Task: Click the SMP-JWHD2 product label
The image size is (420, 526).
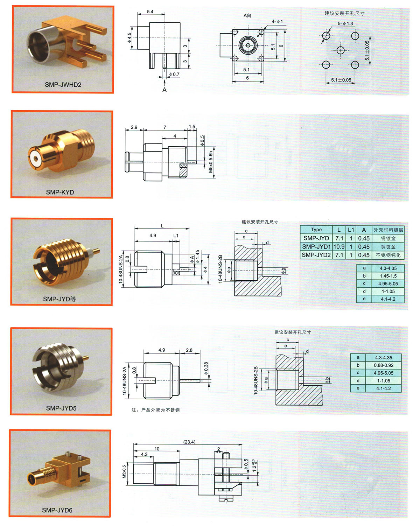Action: [63, 85]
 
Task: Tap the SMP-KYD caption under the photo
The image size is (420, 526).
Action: [60, 192]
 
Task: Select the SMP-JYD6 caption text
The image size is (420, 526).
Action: [57, 510]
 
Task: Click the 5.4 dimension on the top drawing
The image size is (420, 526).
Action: [150, 12]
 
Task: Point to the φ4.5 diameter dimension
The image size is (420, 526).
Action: [129, 38]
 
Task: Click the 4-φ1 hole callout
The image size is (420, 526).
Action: [277, 21]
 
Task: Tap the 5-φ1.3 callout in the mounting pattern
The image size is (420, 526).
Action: [345, 23]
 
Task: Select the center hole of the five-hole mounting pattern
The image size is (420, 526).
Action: [340, 50]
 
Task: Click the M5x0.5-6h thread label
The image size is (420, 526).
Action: [210, 162]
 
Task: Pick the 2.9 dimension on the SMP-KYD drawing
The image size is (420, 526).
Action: [134, 127]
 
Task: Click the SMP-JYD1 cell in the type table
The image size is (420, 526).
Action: [316, 246]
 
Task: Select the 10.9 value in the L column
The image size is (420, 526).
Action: [339, 246]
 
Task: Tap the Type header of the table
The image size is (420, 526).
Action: [316, 230]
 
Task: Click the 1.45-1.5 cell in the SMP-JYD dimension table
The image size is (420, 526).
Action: [388, 276]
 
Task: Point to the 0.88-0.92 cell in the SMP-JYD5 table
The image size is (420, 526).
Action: [384, 365]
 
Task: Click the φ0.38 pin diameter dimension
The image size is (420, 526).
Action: [206, 369]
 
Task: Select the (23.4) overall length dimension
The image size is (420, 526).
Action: [189, 442]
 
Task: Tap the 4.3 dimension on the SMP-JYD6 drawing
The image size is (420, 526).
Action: [144, 454]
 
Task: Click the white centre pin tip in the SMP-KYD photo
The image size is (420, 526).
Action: [36, 159]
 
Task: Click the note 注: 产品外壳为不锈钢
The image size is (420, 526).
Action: [155, 410]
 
